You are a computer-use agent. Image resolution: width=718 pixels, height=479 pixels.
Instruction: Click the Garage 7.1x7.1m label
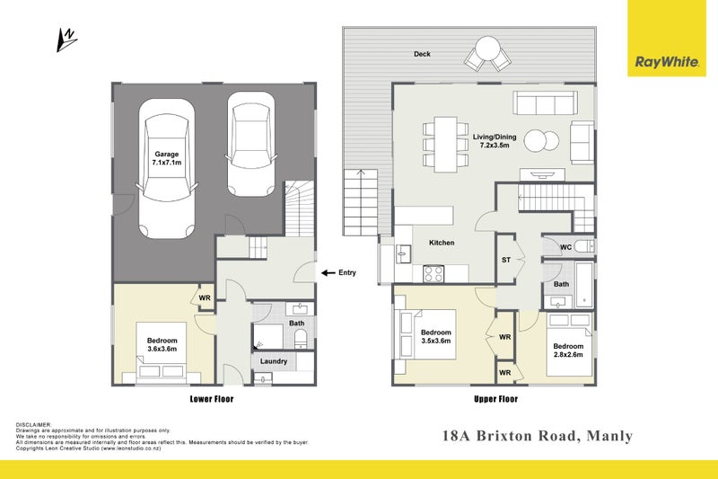coord(167,158)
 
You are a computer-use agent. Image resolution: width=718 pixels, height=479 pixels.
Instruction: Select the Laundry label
coord(273,361)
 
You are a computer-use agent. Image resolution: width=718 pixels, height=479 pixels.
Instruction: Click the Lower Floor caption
coord(212,398)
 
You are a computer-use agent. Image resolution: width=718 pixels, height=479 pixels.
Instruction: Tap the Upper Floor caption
coord(495,398)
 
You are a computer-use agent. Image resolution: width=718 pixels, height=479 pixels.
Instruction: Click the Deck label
coord(422,54)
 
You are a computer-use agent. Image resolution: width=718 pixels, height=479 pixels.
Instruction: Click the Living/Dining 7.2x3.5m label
coord(495,140)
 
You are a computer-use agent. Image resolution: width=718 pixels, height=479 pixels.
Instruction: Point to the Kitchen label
coord(442,243)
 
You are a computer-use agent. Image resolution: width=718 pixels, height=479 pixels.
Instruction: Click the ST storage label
coord(506,261)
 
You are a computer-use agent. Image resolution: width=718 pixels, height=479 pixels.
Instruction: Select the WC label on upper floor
coord(565,246)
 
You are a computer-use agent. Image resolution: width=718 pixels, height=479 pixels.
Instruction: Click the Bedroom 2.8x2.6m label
coord(567,350)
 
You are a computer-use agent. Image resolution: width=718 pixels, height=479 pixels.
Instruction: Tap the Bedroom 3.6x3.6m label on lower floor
coord(162,345)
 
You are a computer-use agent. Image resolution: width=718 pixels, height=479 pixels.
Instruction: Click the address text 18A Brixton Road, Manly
coord(538,437)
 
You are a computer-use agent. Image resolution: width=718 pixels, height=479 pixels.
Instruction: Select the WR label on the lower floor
coord(205,297)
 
